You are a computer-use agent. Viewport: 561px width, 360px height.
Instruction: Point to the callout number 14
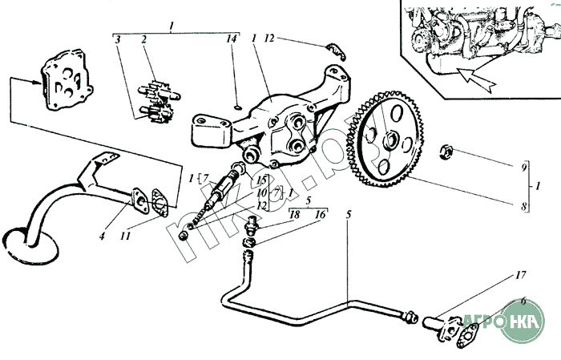(232, 39)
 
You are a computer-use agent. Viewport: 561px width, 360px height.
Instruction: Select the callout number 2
(144, 39)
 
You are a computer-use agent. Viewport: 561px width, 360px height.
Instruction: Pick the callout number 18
(294, 216)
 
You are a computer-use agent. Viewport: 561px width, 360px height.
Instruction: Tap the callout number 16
(321, 216)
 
